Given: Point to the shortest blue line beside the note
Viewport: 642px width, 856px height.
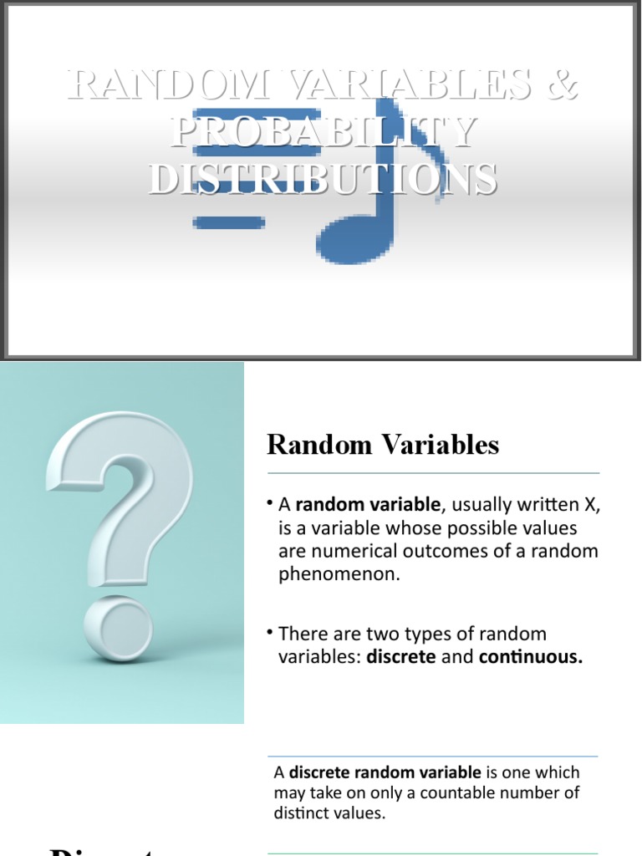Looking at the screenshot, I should pos(228,222).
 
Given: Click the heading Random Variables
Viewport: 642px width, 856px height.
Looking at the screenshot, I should pos(383,445).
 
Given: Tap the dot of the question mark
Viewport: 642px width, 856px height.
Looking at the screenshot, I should pos(120,626).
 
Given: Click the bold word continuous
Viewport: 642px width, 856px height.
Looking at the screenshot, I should pos(530,657).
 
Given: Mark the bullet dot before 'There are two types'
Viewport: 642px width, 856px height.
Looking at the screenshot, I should pos(272,632).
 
